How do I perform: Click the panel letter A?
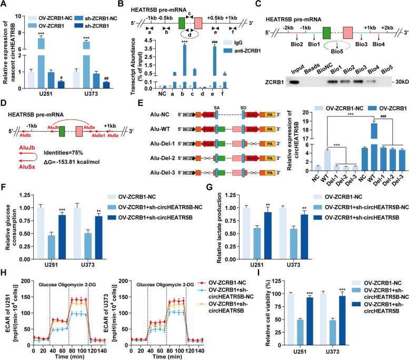4,5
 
